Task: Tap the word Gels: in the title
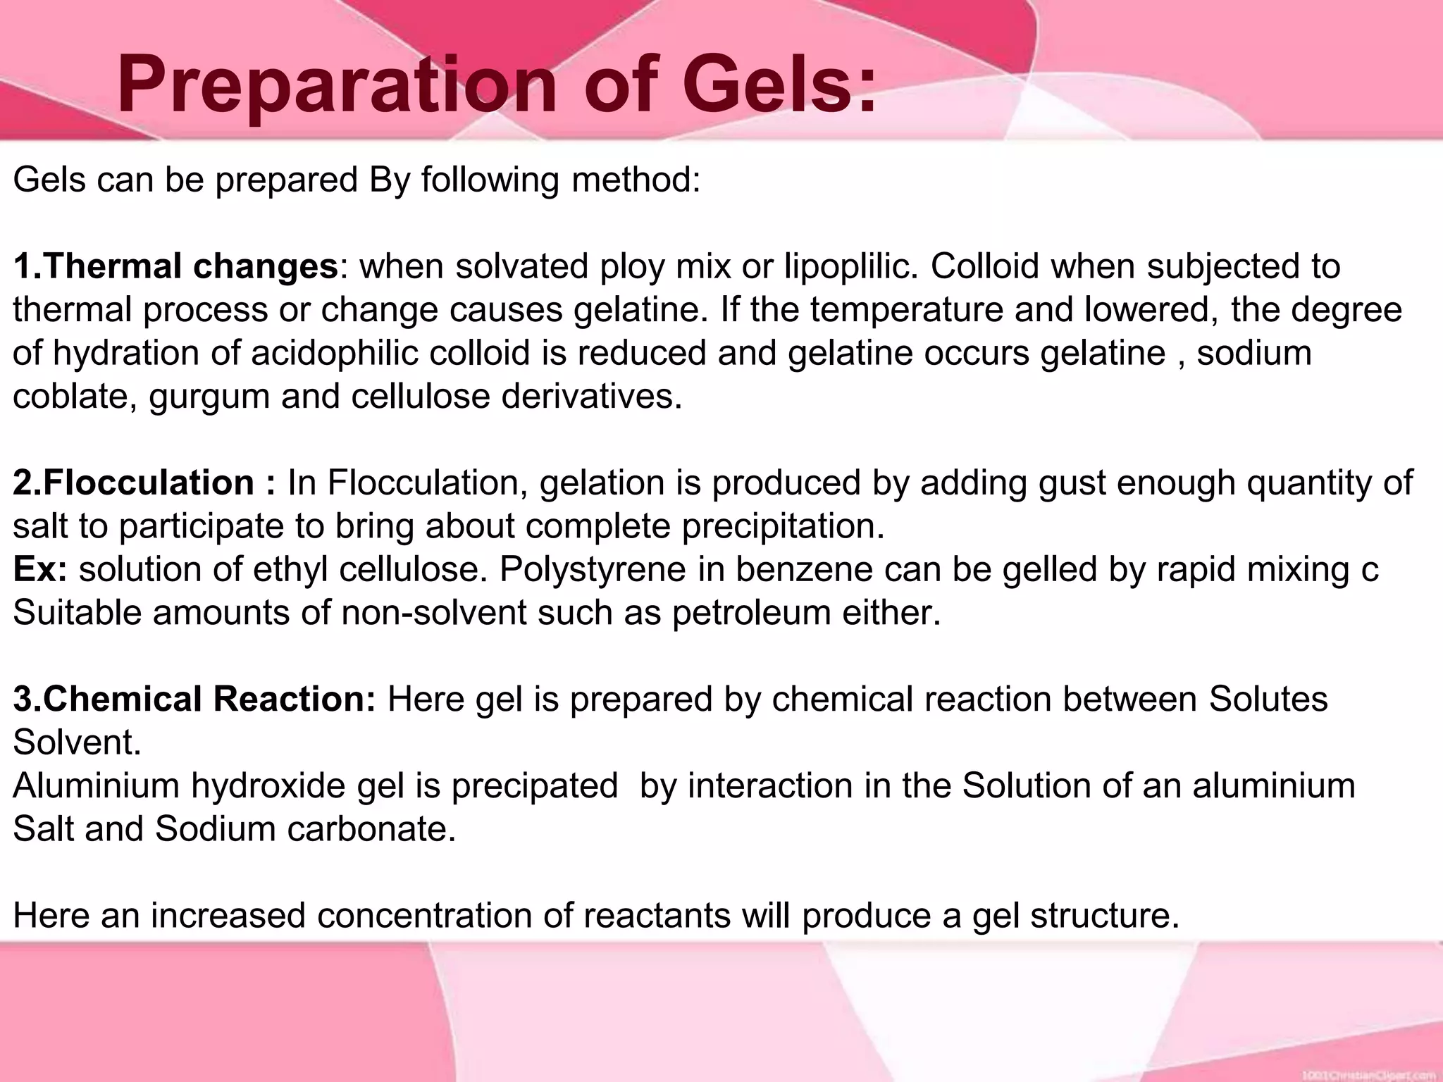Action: point(778,86)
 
